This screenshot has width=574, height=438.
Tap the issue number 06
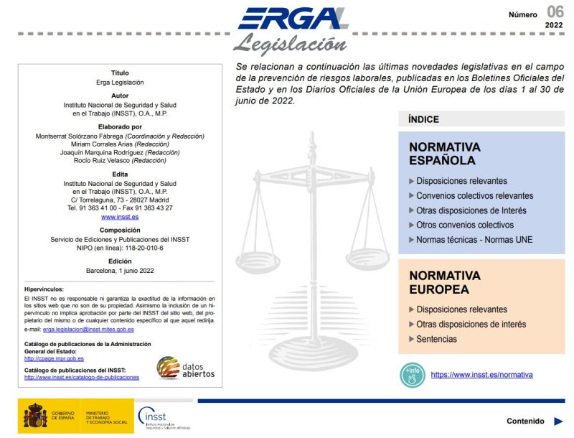click(555, 11)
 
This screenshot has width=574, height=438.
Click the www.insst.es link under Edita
click(120, 216)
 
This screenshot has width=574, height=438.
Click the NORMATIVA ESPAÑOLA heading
click(444, 153)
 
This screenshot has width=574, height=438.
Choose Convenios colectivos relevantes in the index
click(474, 195)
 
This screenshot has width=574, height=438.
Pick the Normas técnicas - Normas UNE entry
click(474, 240)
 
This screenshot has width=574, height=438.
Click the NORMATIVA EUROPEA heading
click(444, 282)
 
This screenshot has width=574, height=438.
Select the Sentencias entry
click(436, 339)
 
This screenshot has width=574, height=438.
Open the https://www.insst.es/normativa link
click(481, 375)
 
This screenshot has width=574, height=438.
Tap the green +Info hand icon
click(412, 375)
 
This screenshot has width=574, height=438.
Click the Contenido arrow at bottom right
click(557, 421)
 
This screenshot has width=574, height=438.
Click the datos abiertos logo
click(186, 368)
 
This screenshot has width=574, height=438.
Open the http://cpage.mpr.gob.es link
click(54, 358)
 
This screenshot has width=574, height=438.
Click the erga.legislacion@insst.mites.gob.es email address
click(88, 329)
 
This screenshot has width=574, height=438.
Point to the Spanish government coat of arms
click(36, 416)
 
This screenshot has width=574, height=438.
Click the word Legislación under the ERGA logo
click(285, 44)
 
